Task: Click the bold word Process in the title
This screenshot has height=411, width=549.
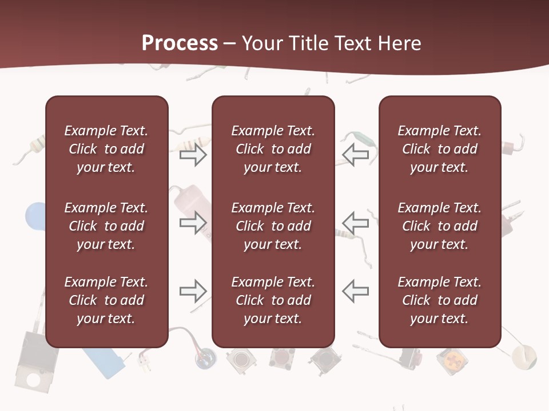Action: [x=180, y=43]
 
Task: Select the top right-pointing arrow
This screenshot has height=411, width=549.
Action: [x=193, y=155]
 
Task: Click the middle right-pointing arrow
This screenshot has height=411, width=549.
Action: [x=193, y=223]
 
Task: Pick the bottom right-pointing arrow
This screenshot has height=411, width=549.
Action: [x=193, y=291]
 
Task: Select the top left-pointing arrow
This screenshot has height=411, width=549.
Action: [x=356, y=155]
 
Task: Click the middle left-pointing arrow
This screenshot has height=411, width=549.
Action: [x=356, y=223]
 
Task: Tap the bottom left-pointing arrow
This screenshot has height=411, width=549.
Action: [x=356, y=291]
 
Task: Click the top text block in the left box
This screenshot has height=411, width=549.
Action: [x=106, y=149]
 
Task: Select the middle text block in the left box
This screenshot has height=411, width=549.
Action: [x=106, y=226]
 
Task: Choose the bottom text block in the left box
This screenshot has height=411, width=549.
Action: [x=106, y=300]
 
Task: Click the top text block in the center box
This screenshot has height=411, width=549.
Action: [x=273, y=149]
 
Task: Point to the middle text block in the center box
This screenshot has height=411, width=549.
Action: [x=273, y=226]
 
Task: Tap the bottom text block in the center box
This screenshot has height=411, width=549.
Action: [x=273, y=300]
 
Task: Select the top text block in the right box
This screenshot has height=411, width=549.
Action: [x=439, y=149]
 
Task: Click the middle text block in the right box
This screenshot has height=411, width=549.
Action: [x=439, y=226]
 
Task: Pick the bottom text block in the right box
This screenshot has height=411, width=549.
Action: [x=439, y=300]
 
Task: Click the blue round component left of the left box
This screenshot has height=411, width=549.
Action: [x=35, y=215]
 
